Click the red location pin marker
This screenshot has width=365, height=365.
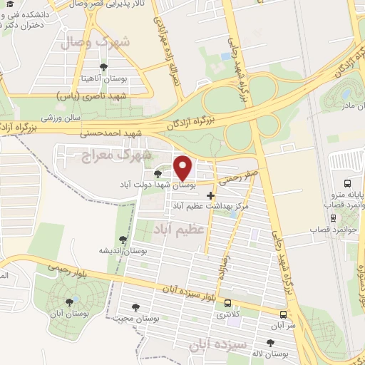click(183, 168)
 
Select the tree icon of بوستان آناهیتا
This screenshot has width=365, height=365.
click(104, 67)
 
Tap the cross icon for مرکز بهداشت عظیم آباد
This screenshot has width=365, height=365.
click(210, 195)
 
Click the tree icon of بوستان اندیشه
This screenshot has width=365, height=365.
click(123, 240)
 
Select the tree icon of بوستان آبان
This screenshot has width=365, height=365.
click(69, 302)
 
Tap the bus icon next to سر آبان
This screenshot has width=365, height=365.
click(284, 314)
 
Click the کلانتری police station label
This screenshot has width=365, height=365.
click(228, 314)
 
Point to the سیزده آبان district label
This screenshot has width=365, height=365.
click(217, 344)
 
